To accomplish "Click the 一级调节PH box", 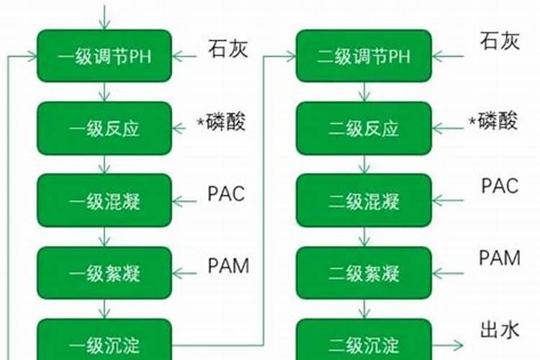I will (x=104, y=56).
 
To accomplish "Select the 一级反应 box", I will (x=104, y=129).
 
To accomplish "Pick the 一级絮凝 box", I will (x=104, y=274).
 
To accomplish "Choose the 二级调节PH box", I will (x=364, y=56).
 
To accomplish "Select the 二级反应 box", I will (x=364, y=129).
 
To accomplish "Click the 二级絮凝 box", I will (x=364, y=274).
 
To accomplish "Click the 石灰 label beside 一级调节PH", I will (x=228, y=50).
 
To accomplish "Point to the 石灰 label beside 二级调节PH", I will (x=499, y=42).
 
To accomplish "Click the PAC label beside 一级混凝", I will (x=226, y=194).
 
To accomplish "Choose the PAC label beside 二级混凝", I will (x=500, y=186).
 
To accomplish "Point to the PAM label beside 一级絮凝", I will (x=228, y=266).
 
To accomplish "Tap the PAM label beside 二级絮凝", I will (x=500, y=258).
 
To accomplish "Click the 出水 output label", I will (x=499, y=330).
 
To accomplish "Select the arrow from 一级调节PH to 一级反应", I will (x=105, y=92).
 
